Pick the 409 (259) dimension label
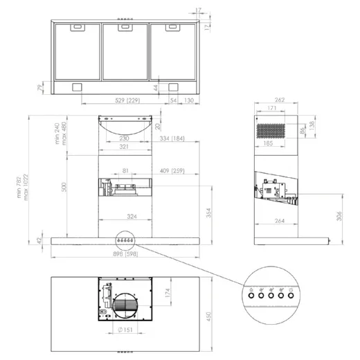(171, 170)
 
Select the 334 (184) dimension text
(171, 139)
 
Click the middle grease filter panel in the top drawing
(125, 52)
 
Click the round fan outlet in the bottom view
(125, 303)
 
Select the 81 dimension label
(125, 170)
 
